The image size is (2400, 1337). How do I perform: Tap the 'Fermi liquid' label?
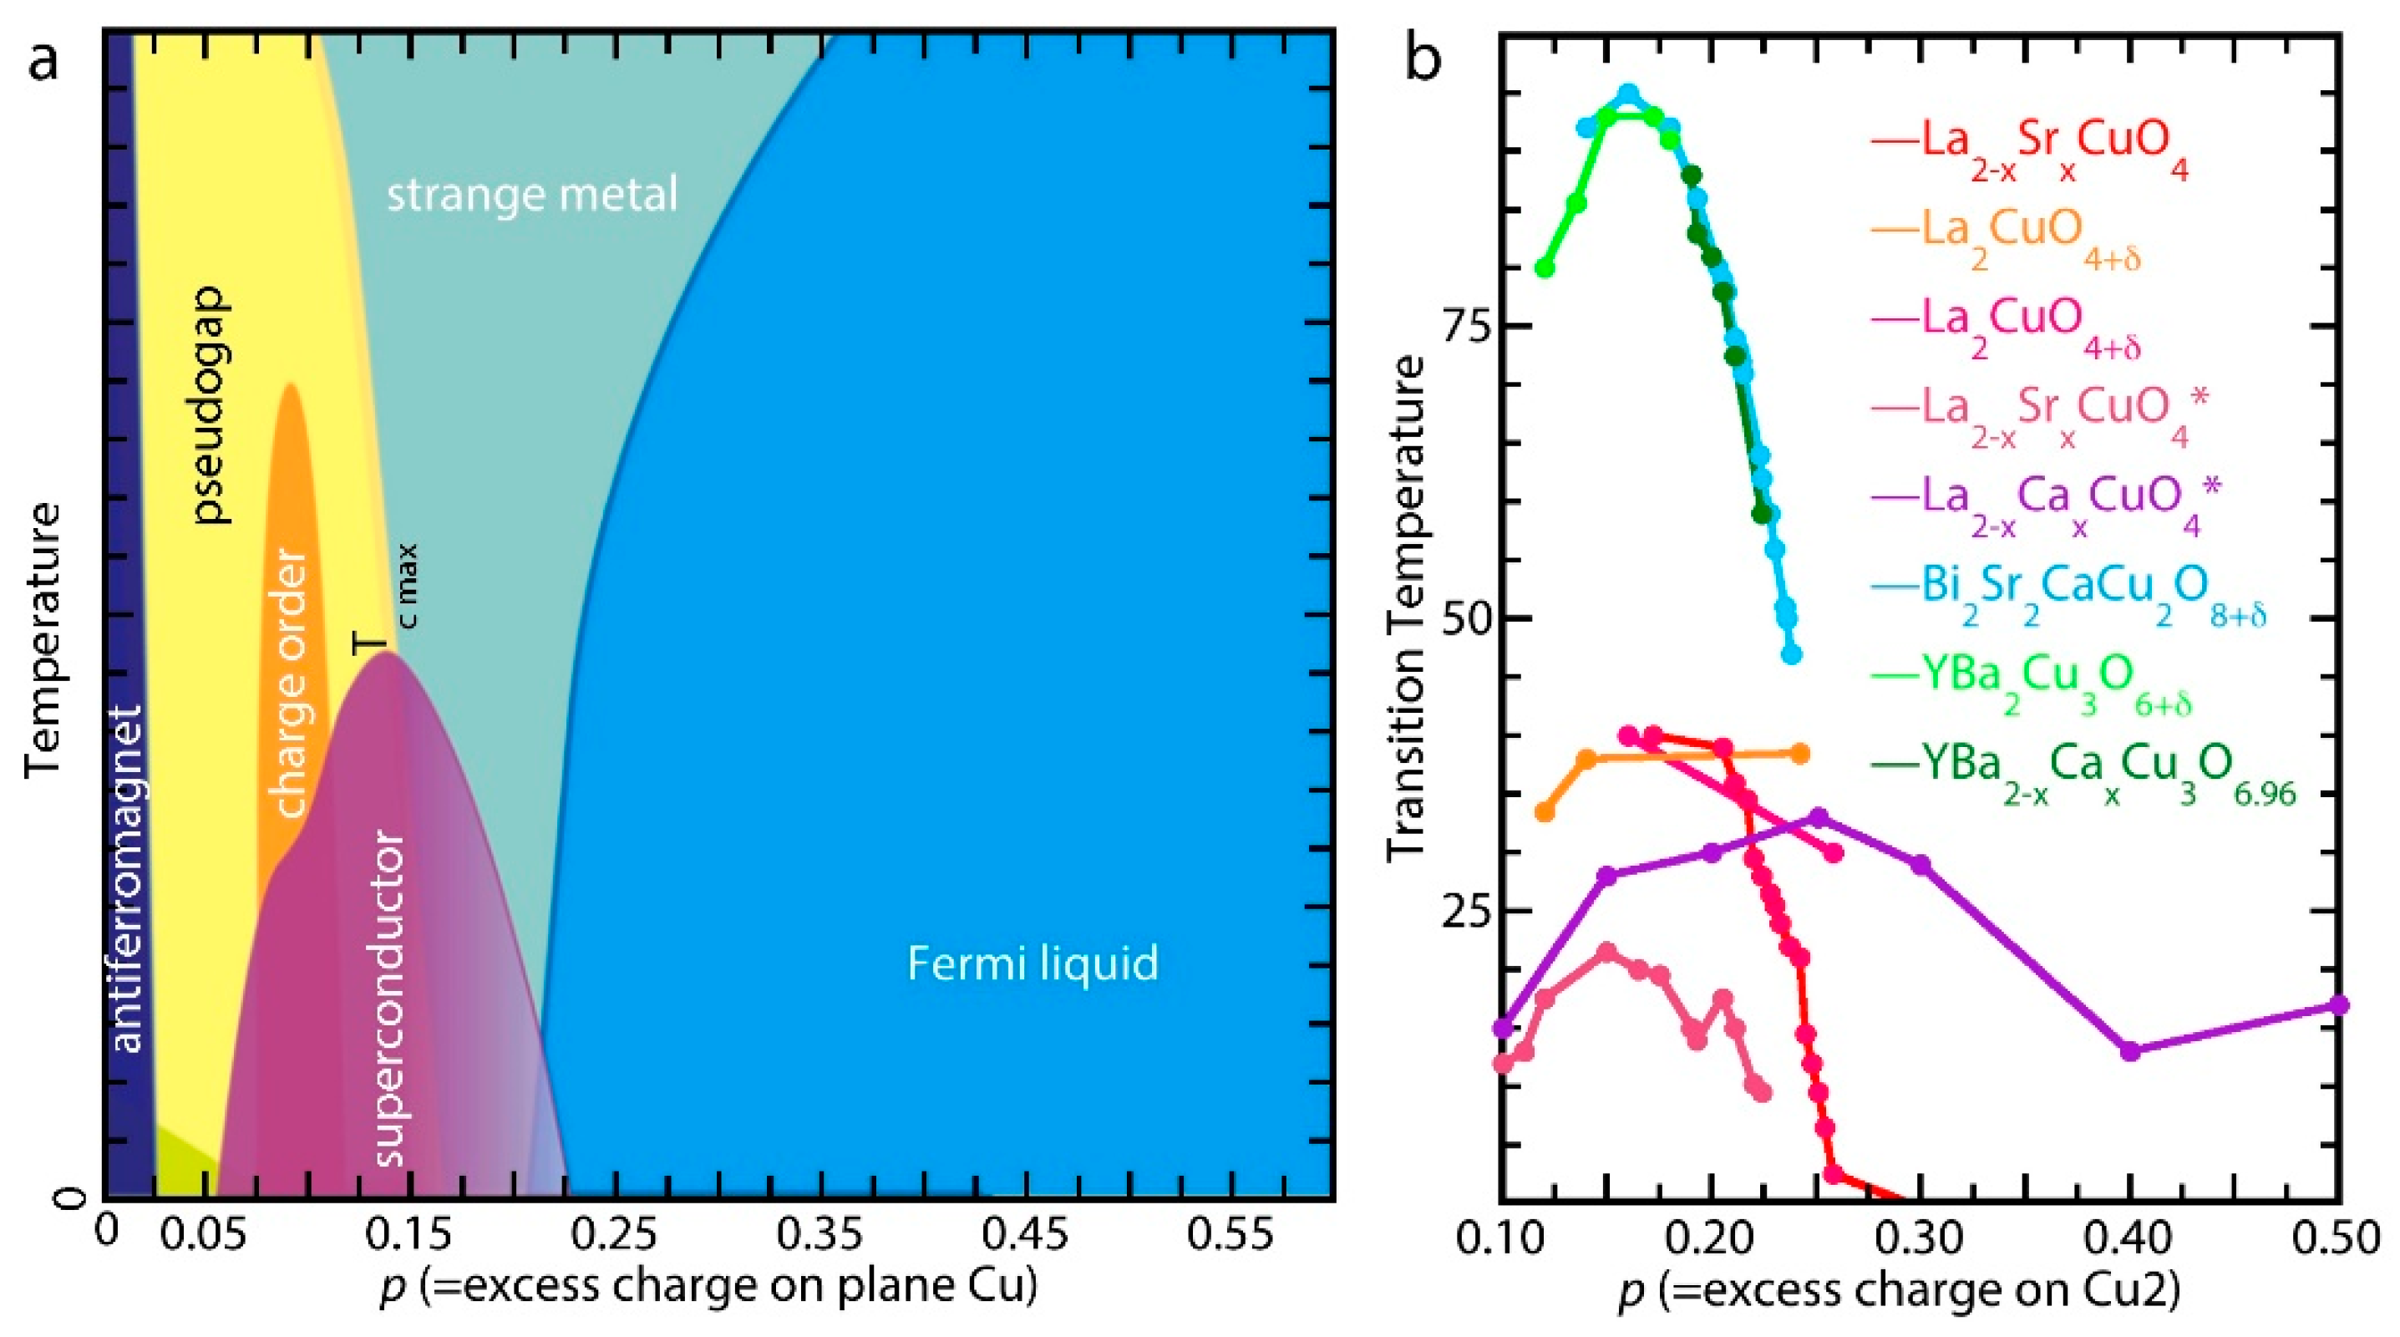(x=1033, y=963)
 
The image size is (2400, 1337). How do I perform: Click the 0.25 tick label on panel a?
(x=616, y=1235)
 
